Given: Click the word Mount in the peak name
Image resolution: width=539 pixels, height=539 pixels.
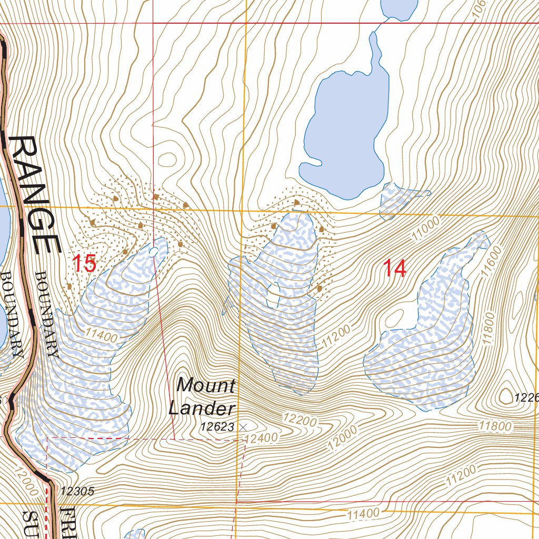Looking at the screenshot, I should (x=206, y=385).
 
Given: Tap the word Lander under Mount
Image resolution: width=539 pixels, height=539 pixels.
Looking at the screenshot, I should (x=201, y=408).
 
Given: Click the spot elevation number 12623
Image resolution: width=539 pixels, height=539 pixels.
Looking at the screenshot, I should (x=217, y=427).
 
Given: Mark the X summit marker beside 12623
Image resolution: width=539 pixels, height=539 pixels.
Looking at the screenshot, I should (x=243, y=427).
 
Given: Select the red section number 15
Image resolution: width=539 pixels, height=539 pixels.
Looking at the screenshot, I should (x=84, y=263).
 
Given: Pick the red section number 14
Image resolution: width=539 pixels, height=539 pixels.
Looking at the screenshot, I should (x=395, y=268).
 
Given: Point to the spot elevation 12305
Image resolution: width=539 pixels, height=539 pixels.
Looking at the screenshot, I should (x=77, y=492).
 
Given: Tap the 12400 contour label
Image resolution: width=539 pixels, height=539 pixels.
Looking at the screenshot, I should (x=261, y=437).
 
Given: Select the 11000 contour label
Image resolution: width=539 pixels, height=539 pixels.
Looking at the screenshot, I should (x=425, y=229).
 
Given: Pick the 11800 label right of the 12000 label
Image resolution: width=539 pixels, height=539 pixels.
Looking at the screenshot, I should (x=494, y=426).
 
